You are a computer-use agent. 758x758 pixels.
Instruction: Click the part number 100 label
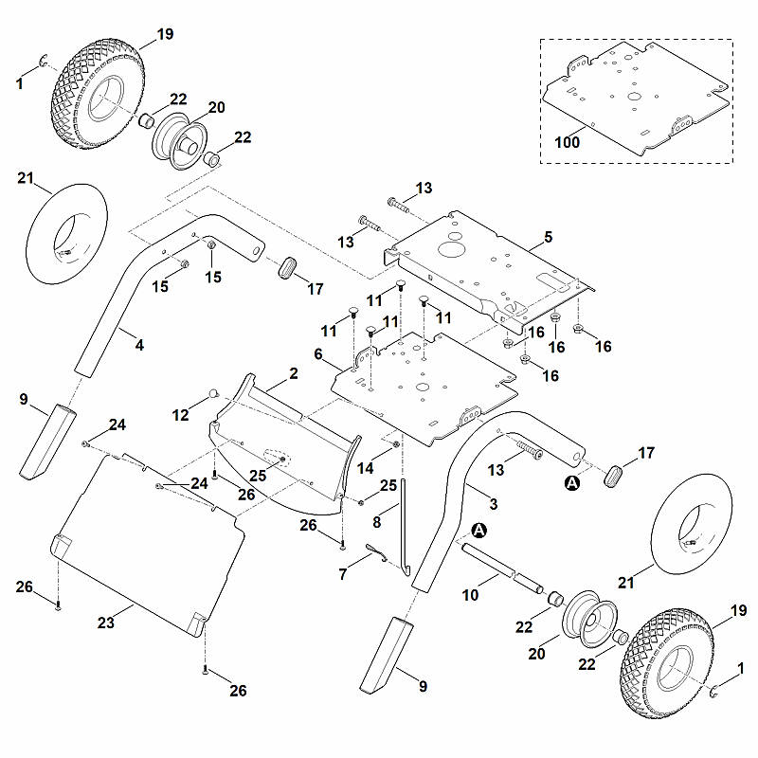click(567, 142)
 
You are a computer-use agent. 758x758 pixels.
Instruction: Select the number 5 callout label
click(548, 237)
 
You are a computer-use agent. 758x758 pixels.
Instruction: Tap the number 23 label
click(106, 623)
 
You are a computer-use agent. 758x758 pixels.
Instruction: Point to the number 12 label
click(180, 415)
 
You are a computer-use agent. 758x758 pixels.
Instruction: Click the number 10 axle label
click(470, 595)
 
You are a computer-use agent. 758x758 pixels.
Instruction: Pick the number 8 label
click(377, 522)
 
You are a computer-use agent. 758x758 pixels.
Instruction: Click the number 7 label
click(343, 574)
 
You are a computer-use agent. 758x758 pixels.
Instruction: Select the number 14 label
click(365, 468)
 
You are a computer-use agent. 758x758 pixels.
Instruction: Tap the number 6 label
click(318, 354)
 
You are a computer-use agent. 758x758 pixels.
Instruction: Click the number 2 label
click(294, 373)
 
